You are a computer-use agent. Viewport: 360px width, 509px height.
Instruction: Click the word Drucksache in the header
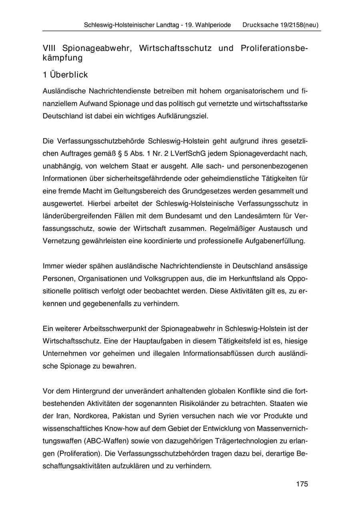pos(259,25)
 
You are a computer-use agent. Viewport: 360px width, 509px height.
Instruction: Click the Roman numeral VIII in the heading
pos(50,48)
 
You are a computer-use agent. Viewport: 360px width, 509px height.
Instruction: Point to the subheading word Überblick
pos(68,75)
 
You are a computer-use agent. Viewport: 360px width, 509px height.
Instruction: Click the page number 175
pos(302,484)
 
